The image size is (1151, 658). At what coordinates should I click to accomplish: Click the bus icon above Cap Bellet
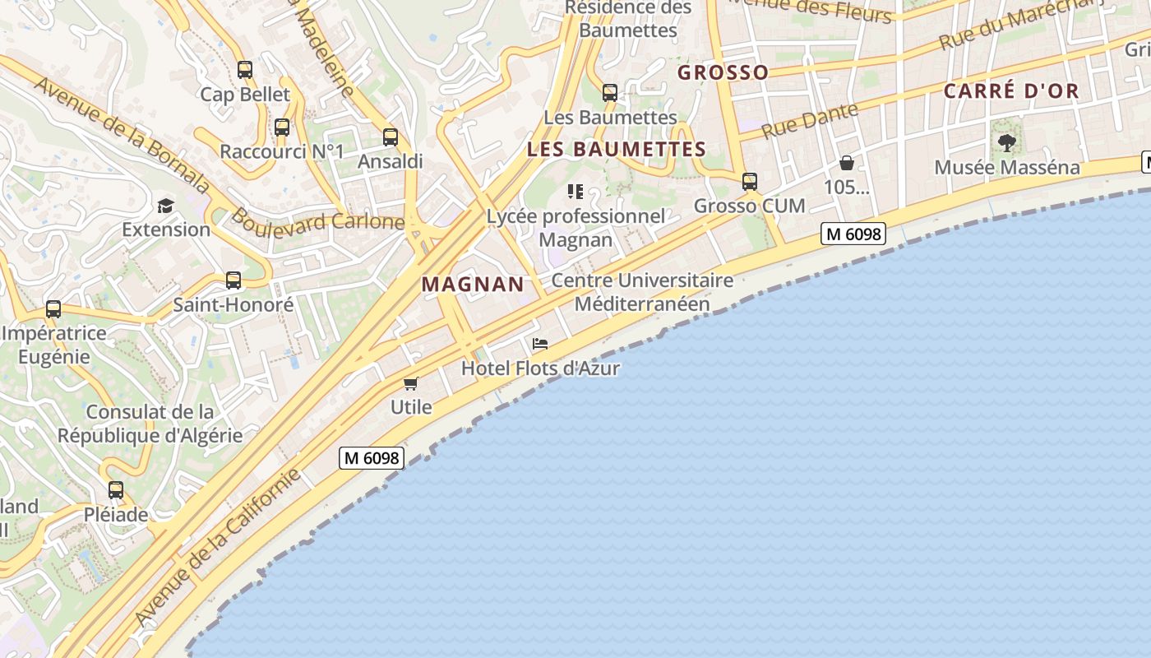click(x=245, y=70)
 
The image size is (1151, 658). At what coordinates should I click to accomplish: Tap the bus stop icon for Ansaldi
click(x=391, y=137)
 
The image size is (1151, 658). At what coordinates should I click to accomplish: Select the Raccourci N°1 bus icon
click(x=282, y=127)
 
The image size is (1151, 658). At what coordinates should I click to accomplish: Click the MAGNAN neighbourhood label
click(x=473, y=285)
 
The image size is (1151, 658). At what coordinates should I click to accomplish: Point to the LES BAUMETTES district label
click(x=617, y=150)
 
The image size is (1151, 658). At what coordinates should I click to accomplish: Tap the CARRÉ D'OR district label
click(x=1010, y=91)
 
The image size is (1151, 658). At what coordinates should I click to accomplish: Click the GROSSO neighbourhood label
click(x=723, y=73)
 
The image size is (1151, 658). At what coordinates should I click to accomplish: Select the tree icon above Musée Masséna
click(x=1007, y=143)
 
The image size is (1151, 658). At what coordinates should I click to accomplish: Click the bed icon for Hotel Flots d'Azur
click(x=540, y=344)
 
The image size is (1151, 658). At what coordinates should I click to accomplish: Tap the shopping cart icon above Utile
click(x=411, y=383)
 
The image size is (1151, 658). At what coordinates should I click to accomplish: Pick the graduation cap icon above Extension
click(x=166, y=206)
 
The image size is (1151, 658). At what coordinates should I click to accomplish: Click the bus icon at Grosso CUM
click(x=750, y=182)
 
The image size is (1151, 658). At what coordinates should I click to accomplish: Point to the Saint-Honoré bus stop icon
click(x=233, y=280)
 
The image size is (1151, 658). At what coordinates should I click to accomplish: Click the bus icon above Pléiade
click(x=116, y=490)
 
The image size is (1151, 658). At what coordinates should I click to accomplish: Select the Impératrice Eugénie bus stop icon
click(x=53, y=309)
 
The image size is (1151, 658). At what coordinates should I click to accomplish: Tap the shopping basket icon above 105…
click(x=847, y=163)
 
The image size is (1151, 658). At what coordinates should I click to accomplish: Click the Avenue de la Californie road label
click(x=218, y=547)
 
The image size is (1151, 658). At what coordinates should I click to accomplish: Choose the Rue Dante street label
click(x=810, y=121)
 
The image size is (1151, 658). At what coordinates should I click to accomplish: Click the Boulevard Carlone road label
click(x=317, y=220)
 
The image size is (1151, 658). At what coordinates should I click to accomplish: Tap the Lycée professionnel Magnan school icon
click(x=575, y=192)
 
